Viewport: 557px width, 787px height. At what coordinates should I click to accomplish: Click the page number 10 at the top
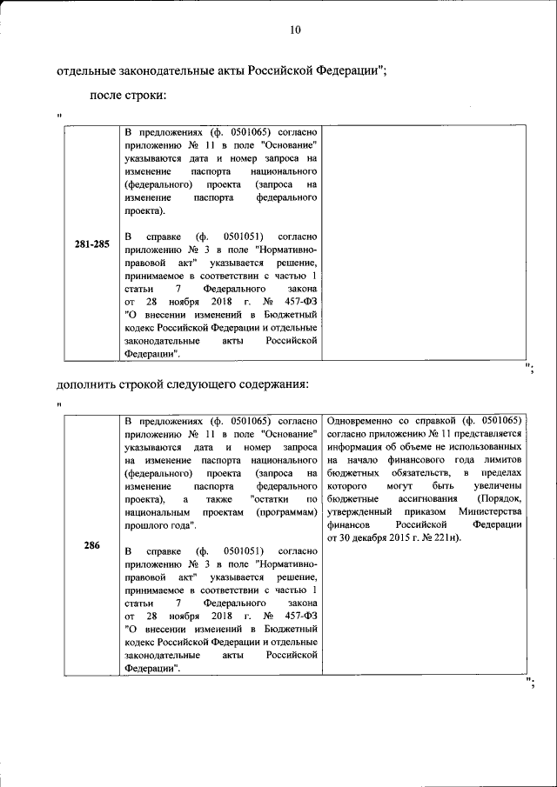(294, 30)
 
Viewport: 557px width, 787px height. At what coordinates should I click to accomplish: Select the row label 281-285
(91, 244)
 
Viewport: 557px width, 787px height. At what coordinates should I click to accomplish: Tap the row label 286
(91, 545)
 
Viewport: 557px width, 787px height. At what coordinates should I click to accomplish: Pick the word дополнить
(87, 383)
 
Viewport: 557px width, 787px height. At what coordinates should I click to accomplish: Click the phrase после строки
(128, 95)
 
